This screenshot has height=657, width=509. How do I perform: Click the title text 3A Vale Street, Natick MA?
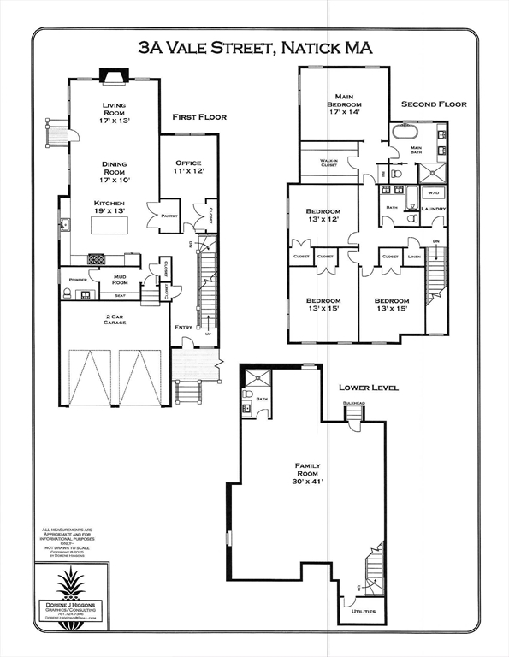point(255,49)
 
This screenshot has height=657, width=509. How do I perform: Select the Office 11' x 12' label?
point(188,167)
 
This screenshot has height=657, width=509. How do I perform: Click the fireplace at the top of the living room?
point(113,76)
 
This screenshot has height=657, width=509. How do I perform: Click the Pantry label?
point(168,216)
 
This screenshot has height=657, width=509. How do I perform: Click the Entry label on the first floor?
point(183,327)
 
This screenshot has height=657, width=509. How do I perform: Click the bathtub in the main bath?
point(405,134)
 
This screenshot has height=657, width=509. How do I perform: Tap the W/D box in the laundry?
point(432,193)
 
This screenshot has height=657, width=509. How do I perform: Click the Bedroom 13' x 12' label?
point(323,216)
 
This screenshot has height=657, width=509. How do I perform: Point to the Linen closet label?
point(414,256)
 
